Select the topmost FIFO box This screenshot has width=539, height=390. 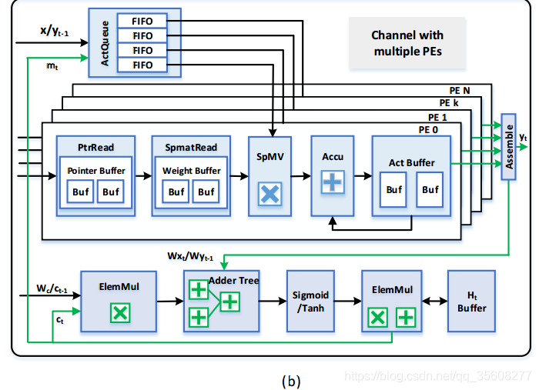click(142, 21)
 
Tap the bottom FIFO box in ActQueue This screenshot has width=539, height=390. click(142, 65)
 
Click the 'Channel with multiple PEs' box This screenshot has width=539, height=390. click(407, 43)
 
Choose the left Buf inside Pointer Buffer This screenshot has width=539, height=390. click(80, 192)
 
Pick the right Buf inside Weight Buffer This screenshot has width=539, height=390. click(206, 192)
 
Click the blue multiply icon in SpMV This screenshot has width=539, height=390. click(269, 193)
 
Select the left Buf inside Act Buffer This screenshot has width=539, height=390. click(394, 189)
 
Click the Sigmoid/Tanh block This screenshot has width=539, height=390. click(311, 301)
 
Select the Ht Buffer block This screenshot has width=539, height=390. click(472, 301)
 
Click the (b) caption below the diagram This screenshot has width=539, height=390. click(291, 380)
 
